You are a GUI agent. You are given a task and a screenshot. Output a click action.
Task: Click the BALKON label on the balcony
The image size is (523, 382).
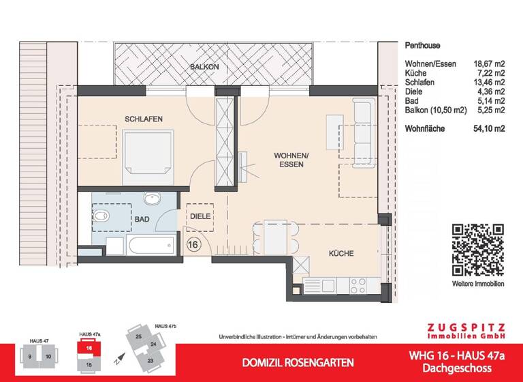coord(204,67)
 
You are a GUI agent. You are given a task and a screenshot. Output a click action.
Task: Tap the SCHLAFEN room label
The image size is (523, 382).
coord(143,119)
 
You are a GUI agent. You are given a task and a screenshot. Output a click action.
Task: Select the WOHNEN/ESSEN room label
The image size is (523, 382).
coord(291,159)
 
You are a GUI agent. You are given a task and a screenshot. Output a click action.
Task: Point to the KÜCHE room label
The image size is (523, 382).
coord(341,253)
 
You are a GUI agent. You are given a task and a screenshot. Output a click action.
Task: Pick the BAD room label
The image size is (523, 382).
coord(142,220)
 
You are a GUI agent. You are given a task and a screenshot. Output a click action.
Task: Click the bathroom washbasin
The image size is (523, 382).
coord(151,199)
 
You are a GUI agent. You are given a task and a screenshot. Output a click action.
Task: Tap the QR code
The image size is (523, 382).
coord(477,248)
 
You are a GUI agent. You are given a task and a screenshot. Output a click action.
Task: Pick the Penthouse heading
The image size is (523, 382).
coord(422,46)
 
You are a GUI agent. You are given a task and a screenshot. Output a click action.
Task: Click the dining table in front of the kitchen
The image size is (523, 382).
coord(276,237)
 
